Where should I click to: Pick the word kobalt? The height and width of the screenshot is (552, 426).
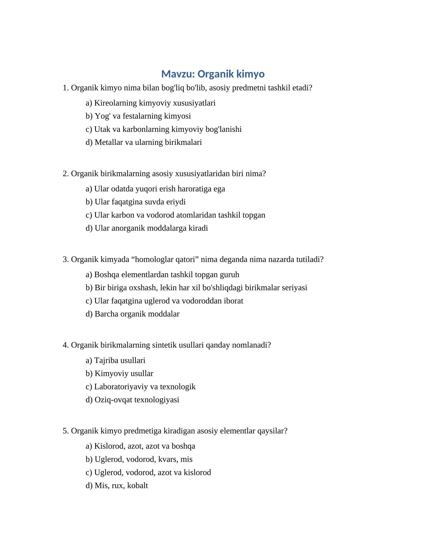[137, 486]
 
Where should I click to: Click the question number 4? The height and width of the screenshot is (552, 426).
[65, 345]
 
